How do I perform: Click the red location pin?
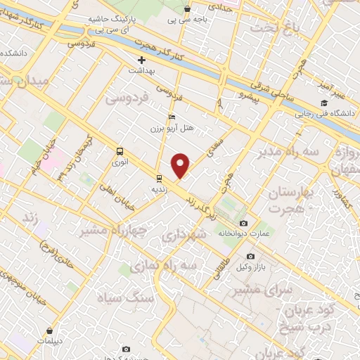click(181, 166)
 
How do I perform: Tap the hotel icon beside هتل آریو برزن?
click(172, 117)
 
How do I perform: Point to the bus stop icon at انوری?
click(120, 150)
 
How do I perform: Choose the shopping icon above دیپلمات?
click(50, 329)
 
